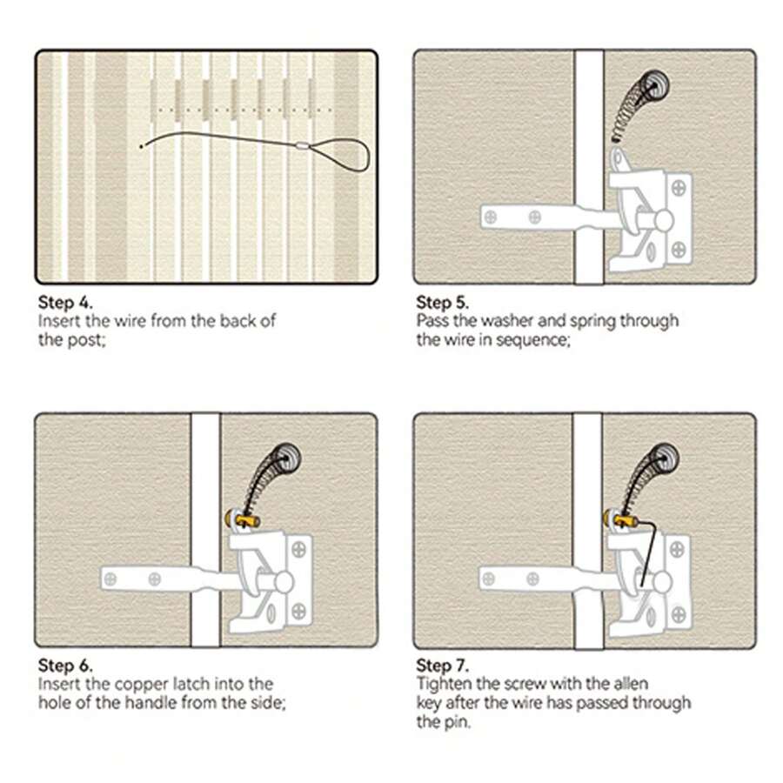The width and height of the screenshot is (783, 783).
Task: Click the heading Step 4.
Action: [64, 303]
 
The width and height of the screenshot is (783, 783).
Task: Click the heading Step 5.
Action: [443, 303]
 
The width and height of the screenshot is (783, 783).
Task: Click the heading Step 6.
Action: [64, 666]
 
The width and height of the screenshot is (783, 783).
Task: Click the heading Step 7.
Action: [443, 666]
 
